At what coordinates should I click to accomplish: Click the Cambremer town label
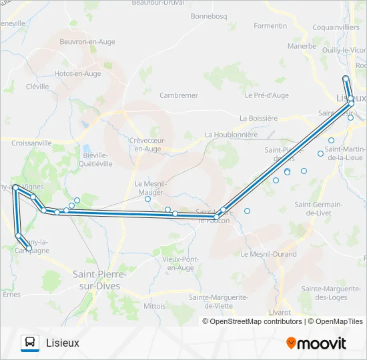click(x=178, y=95)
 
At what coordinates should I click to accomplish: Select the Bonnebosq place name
click(x=210, y=15)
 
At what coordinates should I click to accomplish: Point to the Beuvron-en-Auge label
click(x=87, y=41)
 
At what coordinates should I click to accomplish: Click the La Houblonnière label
click(x=231, y=134)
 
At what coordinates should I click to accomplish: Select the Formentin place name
click(x=270, y=26)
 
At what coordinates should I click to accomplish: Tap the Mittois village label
click(x=154, y=305)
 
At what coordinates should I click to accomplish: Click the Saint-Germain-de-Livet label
click(x=318, y=208)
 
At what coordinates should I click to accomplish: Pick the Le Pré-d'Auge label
click(x=267, y=95)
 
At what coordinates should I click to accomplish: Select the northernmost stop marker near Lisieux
click(x=346, y=79)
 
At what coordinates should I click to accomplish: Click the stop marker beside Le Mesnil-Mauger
click(x=148, y=199)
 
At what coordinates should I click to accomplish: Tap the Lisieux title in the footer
click(x=63, y=343)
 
